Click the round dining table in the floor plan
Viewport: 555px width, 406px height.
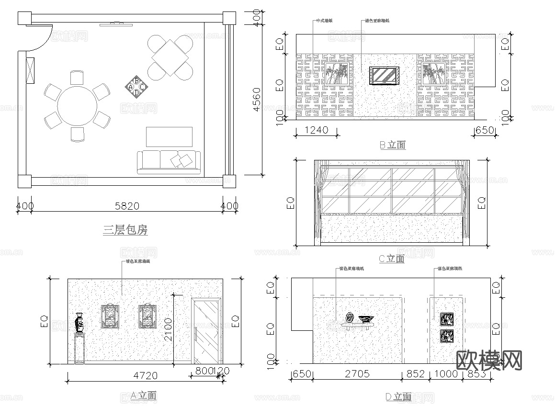pyautogui.click(x=77, y=106)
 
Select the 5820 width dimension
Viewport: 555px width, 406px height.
pyautogui.click(x=127, y=206)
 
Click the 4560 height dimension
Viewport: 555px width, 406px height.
pyautogui.click(x=257, y=100)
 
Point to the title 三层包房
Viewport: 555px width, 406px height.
pyautogui.click(x=125, y=230)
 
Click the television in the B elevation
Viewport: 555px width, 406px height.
pyautogui.click(x=384, y=76)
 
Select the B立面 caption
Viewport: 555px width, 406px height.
pyautogui.click(x=393, y=145)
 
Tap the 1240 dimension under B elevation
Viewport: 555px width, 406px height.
pyautogui.click(x=316, y=130)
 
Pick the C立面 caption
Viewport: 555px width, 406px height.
pyautogui.click(x=392, y=259)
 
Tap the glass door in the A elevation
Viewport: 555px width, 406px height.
pyautogui.click(x=206, y=331)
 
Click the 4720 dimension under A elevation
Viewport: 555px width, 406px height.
pyautogui.click(x=144, y=375)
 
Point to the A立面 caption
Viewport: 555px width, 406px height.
pyautogui.click(x=144, y=395)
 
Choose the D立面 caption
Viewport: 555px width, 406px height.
pyautogui.click(x=398, y=396)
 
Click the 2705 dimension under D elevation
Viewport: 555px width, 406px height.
pyautogui.click(x=357, y=374)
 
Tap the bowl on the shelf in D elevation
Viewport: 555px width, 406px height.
pyautogui.click(x=366, y=318)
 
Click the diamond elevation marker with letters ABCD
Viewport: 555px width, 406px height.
pyautogui.click(x=136, y=87)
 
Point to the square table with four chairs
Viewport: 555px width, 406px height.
pyautogui.click(x=170, y=57)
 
